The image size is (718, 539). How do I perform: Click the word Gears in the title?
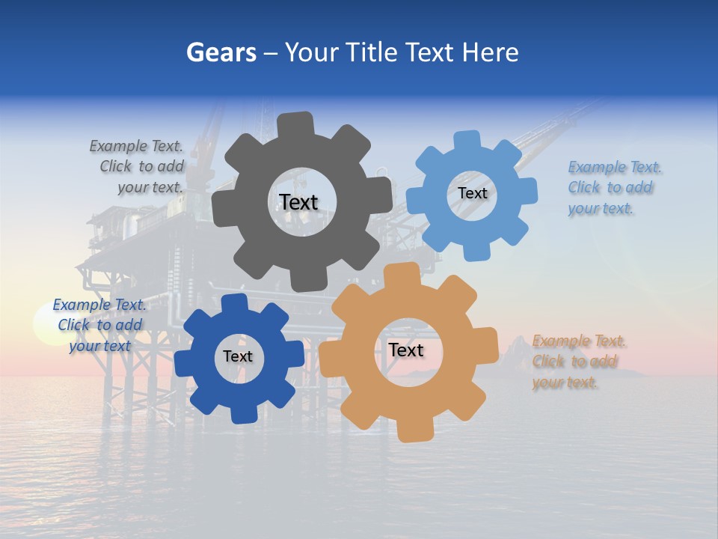click(x=221, y=52)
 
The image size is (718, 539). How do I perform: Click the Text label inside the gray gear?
click(x=298, y=202)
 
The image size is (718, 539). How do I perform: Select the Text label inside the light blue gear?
click(x=472, y=193)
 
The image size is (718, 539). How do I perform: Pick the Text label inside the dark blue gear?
click(x=238, y=356)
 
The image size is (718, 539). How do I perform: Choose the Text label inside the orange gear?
click(x=406, y=350)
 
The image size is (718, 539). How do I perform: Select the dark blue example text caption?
click(x=99, y=325)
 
